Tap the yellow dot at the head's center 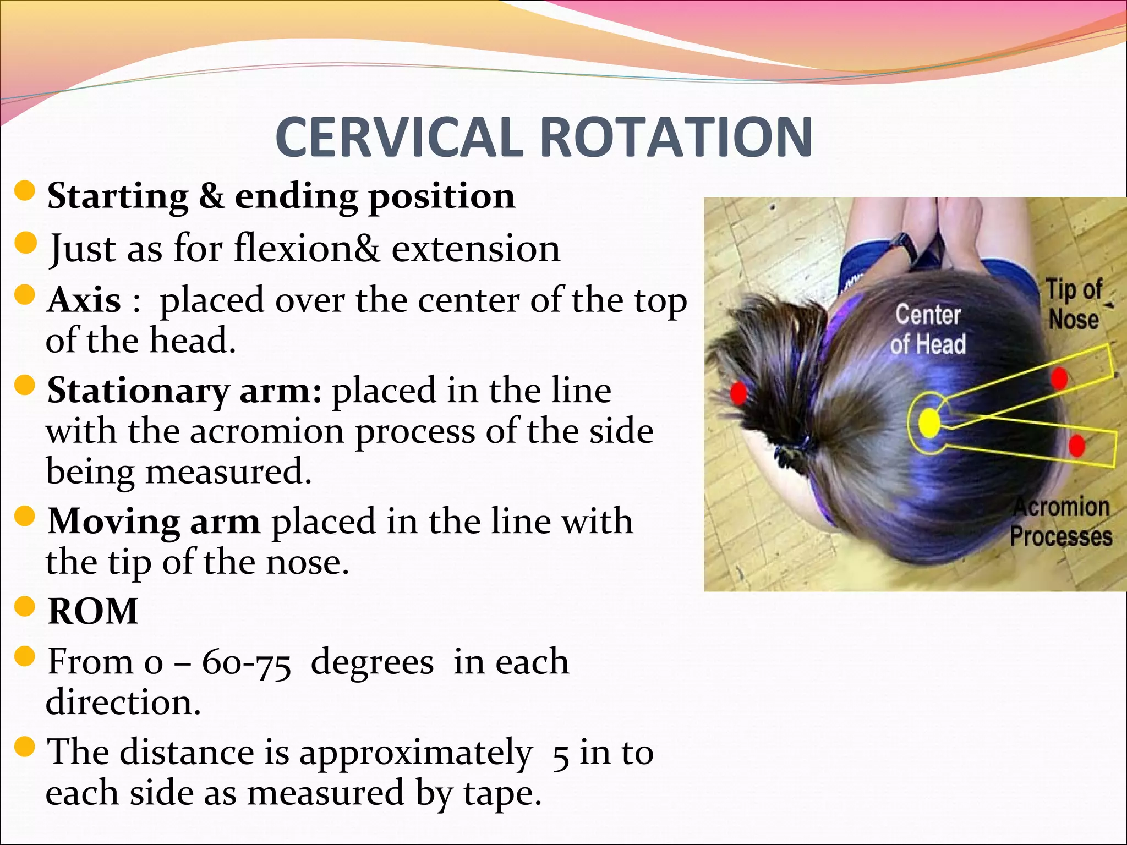pyautogui.click(x=929, y=422)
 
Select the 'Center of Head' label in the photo pyautogui.click(x=928, y=330)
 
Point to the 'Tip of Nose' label pyautogui.click(x=1074, y=304)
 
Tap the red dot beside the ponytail pyautogui.click(x=738, y=393)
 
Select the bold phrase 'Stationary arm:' pyautogui.click(x=184, y=391)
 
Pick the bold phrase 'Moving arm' pyautogui.click(x=154, y=521)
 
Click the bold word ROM pyautogui.click(x=93, y=611)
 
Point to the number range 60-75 pyautogui.click(x=246, y=662)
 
